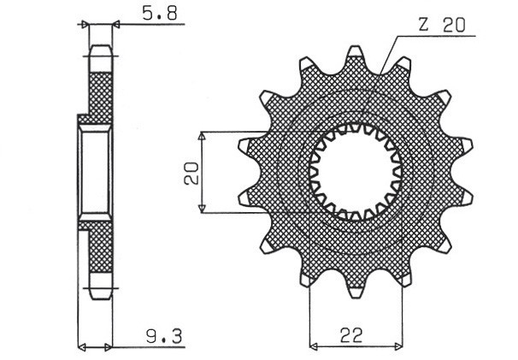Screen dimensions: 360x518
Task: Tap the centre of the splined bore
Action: [x=357, y=171]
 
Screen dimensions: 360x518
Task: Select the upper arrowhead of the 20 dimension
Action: [x=202, y=136]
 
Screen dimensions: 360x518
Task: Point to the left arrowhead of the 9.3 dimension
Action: [x=82, y=347]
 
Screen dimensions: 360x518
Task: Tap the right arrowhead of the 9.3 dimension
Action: [x=108, y=347]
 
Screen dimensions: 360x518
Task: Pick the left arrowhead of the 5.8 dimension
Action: [x=85, y=26]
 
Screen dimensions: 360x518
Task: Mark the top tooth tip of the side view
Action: [x=101, y=48]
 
